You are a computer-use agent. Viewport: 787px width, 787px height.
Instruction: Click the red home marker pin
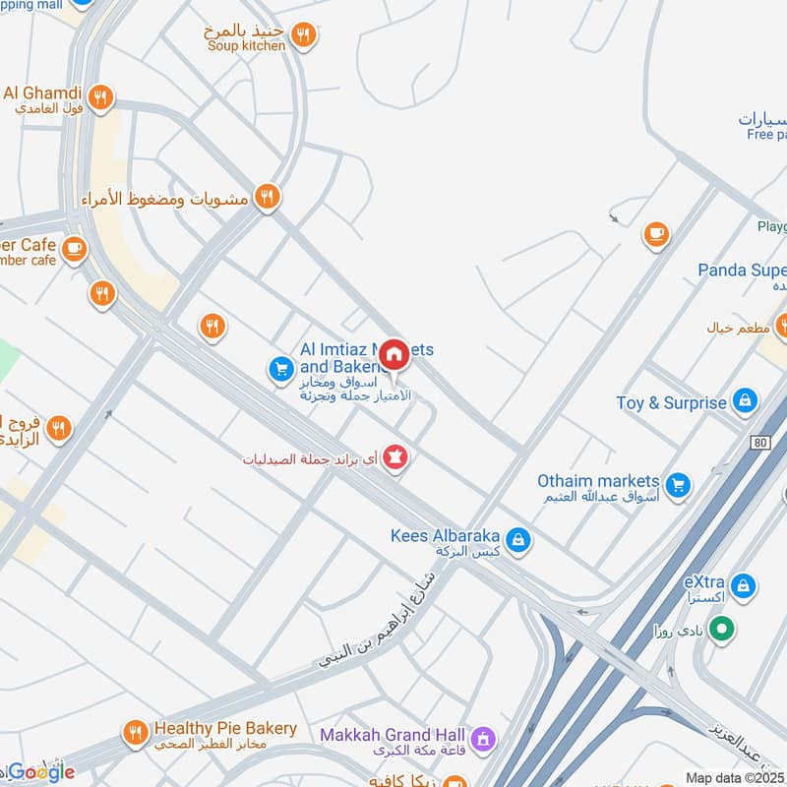coord(394,354)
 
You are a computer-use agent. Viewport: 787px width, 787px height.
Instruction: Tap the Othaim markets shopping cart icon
coord(677,484)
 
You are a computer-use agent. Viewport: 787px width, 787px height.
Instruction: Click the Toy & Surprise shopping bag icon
coord(746,401)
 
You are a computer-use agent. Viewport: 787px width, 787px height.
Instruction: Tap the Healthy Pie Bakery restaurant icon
coord(135,733)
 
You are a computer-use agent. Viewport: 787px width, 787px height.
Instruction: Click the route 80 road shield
coord(757,444)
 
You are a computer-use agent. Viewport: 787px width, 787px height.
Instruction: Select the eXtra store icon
coord(745,584)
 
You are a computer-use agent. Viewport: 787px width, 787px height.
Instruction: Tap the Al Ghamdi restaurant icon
coord(99,96)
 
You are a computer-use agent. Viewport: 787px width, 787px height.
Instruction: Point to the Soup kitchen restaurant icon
coord(304,35)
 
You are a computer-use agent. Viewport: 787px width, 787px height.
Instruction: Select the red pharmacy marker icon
coord(394,457)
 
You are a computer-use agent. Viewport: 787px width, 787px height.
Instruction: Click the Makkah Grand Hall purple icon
coord(482,737)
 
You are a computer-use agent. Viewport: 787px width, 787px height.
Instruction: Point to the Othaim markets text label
coord(598,481)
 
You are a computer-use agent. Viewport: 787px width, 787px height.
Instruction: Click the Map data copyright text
coord(735,777)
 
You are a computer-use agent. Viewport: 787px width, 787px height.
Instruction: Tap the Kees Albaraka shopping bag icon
coord(518,539)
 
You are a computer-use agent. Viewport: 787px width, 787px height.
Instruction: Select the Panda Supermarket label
coord(743,270)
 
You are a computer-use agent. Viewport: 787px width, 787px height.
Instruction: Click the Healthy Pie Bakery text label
coord(224,729)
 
